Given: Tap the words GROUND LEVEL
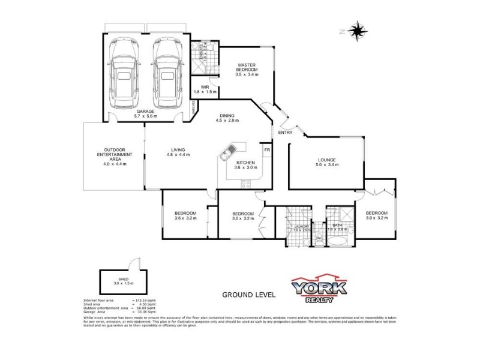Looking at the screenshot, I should point(249,295).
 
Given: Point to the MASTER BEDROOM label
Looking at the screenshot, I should point(247,70).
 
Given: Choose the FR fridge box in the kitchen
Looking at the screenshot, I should point(266,149).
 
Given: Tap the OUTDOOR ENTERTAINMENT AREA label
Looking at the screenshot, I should point(115,155).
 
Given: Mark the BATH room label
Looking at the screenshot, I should point(337,226).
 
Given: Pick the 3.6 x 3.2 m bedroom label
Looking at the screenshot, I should point(185,216).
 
